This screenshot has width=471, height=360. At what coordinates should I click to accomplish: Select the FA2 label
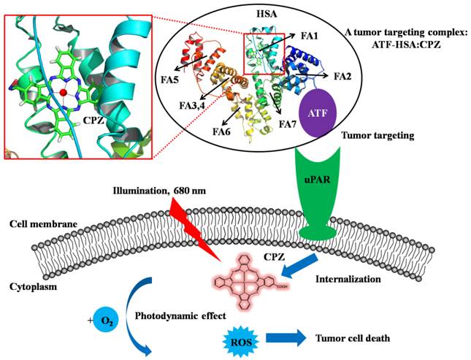(343, 75)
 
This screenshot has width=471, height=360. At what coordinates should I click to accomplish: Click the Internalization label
(348, 280)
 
